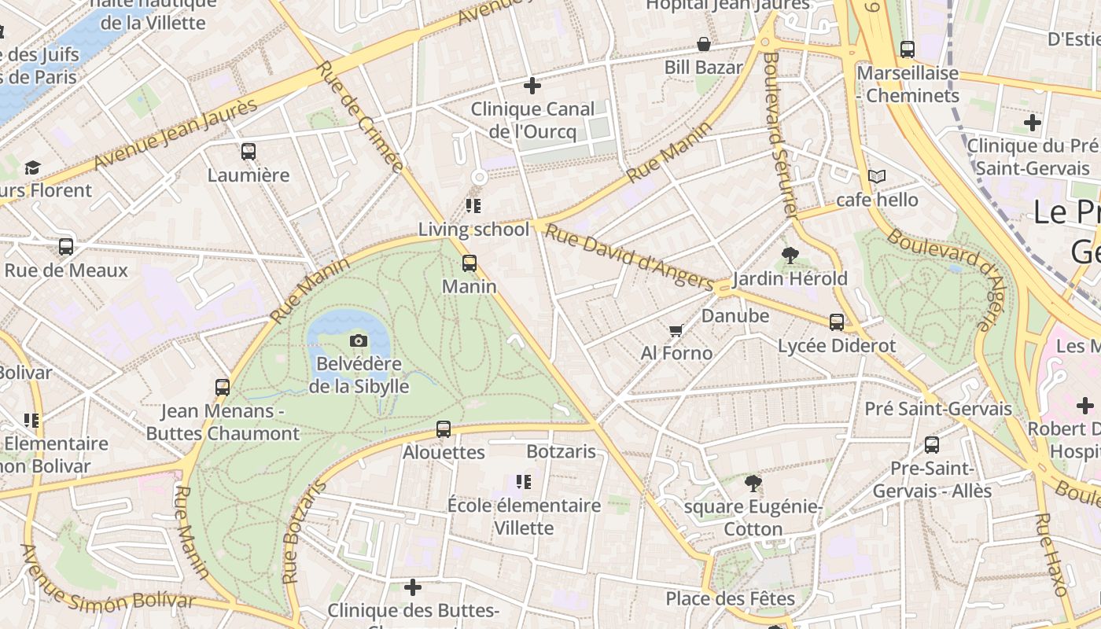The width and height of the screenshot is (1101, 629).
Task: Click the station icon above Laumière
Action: point(249,152)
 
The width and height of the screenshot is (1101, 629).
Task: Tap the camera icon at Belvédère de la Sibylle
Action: point(359,340)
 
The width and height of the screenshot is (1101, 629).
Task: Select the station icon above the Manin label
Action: point(469,263)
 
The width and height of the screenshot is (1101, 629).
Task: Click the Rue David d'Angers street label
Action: point(629,257)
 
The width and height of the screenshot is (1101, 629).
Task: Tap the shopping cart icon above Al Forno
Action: point(676,330)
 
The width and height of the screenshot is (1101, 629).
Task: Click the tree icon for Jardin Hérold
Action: point(790,256)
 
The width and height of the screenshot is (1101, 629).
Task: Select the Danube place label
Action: point(735,316)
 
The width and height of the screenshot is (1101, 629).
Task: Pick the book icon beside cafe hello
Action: point(876,177)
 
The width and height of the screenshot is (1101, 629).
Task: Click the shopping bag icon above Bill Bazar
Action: point(704,45)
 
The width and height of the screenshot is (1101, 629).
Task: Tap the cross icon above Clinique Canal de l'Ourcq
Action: point(532,86)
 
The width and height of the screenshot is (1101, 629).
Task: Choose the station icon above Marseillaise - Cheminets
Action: point(908,50)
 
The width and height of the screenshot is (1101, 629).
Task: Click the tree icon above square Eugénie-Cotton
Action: point(753,484)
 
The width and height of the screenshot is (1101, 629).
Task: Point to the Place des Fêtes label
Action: point(731,598)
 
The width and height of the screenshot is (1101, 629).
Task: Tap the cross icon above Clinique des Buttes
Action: point(413,587)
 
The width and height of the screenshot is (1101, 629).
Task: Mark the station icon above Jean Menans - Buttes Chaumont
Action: point(223,388)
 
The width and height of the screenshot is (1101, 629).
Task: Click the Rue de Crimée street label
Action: point(360,116)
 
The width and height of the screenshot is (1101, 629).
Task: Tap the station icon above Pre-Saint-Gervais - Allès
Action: point(932,445)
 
